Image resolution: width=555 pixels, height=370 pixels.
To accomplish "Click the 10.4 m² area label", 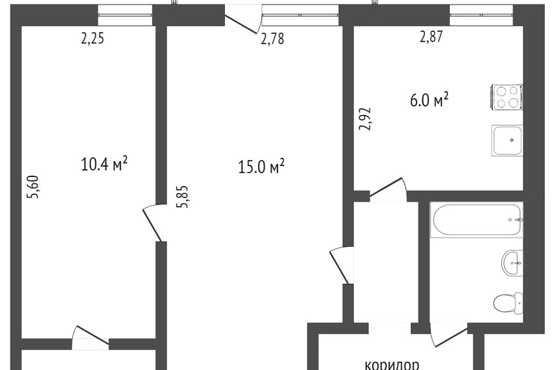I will pyautogui.click(x=105, y=165).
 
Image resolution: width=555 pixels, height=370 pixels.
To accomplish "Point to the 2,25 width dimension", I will pyautogui.click(x=94, y=39).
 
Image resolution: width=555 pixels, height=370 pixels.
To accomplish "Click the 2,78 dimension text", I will pyautogui.click(x=272, y=40).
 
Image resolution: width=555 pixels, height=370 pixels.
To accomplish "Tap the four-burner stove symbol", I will pyautogui.click(x=507, y=97).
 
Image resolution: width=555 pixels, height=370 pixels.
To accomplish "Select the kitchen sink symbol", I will pyautogui.click(x=508, y=140).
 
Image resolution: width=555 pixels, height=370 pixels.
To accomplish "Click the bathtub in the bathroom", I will pyautogui.click(x=476, y=220).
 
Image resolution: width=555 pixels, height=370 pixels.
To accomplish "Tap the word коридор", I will pyautogui.click(x=391, y=364).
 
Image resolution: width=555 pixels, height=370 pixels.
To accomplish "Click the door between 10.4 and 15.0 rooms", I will pyautogui.click(x=154, y=223).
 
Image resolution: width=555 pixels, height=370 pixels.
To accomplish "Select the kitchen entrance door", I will pyautogui.click(x=387, y=191).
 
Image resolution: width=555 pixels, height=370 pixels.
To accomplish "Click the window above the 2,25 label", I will pyautogui.click(x=125, y=14).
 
